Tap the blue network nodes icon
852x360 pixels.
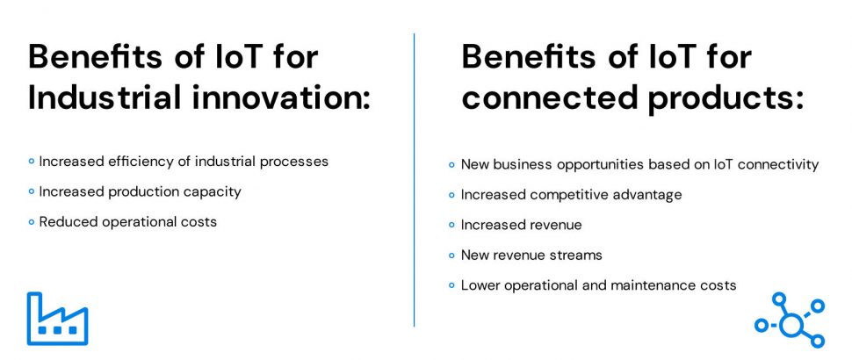[790, 320]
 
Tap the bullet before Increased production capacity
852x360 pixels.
[31, 191]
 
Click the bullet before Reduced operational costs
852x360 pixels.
[31, 221]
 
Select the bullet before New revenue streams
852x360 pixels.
[451, 255]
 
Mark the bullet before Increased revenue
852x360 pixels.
[451, 225]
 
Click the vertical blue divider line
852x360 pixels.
[414, 180]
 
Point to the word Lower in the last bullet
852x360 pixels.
[480, 285]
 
